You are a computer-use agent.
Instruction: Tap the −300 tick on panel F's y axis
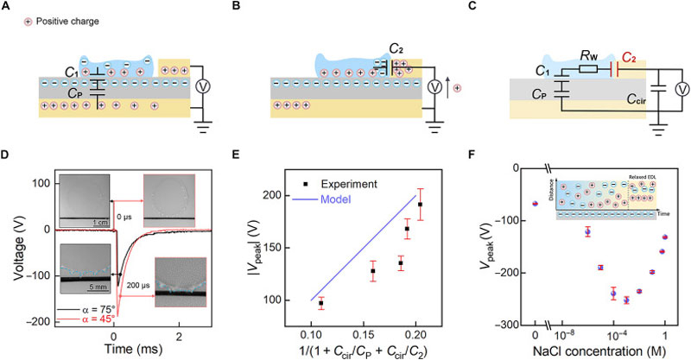[x=510, y=325]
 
